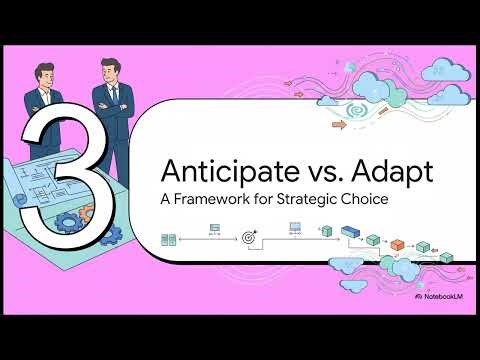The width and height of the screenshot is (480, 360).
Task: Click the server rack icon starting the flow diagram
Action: (169, 239)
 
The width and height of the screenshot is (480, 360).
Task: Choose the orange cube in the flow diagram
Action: (397, 245)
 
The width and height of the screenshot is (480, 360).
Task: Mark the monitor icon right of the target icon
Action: (295, 229)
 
